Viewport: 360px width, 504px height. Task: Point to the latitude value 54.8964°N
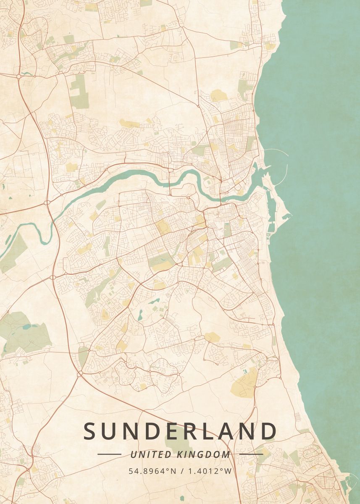pos(152,471)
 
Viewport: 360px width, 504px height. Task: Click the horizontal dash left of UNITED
pos(109,454)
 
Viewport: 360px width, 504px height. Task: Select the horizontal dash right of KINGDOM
pos(251,454)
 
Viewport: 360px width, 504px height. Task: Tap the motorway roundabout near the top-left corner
pos(19,77)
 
